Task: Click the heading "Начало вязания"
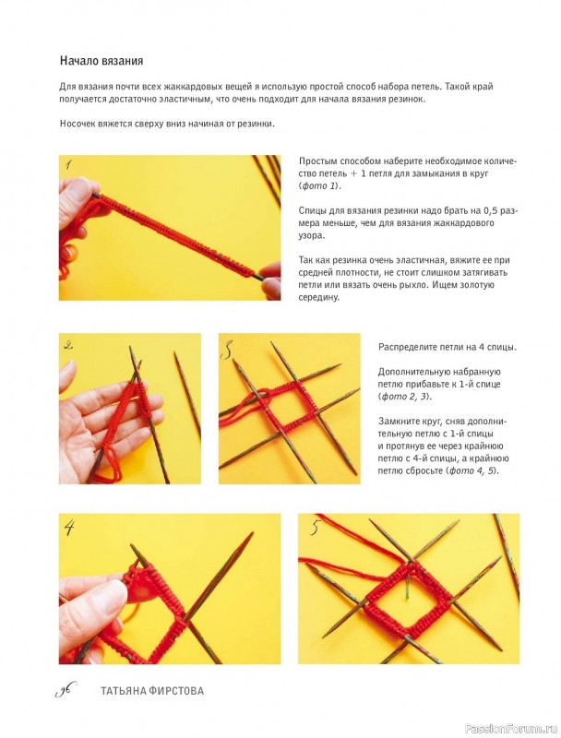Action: pyautogui.click(x=101, y=61)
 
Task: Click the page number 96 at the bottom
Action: pyautogui.click(x=66, y=690)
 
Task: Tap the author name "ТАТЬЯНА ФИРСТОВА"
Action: pyautogui.click(x=152, y=691)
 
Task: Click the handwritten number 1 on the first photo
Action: pyautogui.click(x=68, y=164)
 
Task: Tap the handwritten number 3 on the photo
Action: pyautogui.click(x=228, y=351)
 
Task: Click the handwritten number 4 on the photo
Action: pyautogui.click(x=69, y=527)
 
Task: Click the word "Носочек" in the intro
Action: pyautogui.click(x=78, y=124)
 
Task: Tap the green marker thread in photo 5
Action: pyautogui.click(x=406, y=585)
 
